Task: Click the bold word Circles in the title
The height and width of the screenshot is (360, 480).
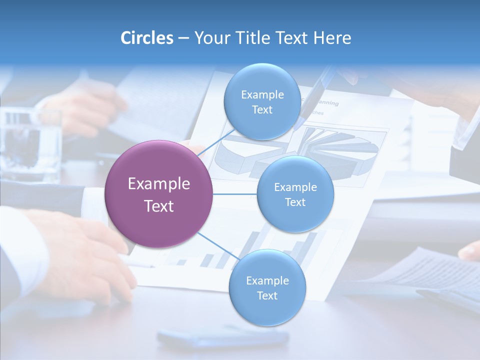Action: (147, 38)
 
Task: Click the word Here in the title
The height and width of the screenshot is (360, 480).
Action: (332, 38)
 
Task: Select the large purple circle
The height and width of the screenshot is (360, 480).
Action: (159, 194)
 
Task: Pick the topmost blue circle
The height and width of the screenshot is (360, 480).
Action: (262, 101)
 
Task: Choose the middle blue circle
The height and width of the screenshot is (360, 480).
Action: (295, 194)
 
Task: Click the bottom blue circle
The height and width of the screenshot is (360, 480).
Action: (267, 287)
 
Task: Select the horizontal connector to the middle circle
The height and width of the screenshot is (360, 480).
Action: (234, 194)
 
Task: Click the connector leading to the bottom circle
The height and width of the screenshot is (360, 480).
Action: (218, 246)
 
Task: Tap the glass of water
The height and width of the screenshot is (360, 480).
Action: (30, 145)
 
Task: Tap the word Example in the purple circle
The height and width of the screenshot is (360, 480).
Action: (159, 184)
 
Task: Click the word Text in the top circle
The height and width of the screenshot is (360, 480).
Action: (262, 110)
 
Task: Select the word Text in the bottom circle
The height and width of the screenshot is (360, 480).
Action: (267, 296)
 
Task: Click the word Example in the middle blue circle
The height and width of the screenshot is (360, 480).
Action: (295, 187)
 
